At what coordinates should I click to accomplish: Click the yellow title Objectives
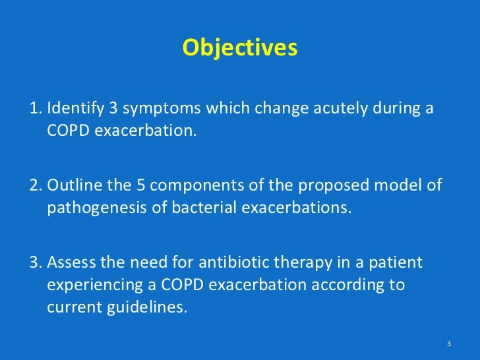[x=240, y=47]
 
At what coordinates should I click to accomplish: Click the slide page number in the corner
[x=448, y=344]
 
